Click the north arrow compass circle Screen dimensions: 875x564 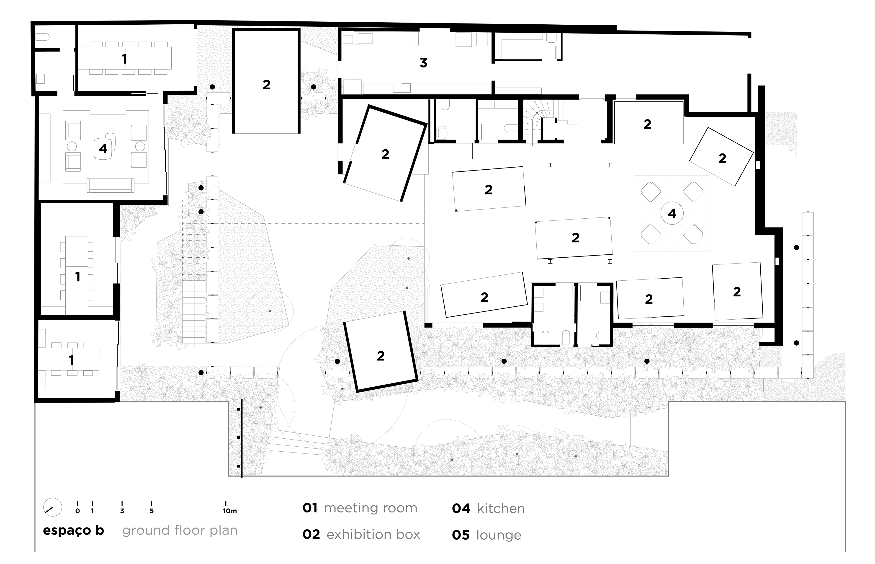(x=52, y=507)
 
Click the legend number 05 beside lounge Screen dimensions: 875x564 (x=460, y=535)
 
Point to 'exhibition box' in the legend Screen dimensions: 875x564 (x=373, y=535)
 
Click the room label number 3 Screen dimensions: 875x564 (x=423, y=63)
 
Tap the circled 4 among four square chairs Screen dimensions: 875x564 (x=672, y=214)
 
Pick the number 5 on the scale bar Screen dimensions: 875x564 (x=152, y=511)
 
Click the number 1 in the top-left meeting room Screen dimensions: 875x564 (x=124, y=59)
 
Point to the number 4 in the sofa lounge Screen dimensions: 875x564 (x=103, y=149)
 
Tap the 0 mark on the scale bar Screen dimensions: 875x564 (x=77, y=511)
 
